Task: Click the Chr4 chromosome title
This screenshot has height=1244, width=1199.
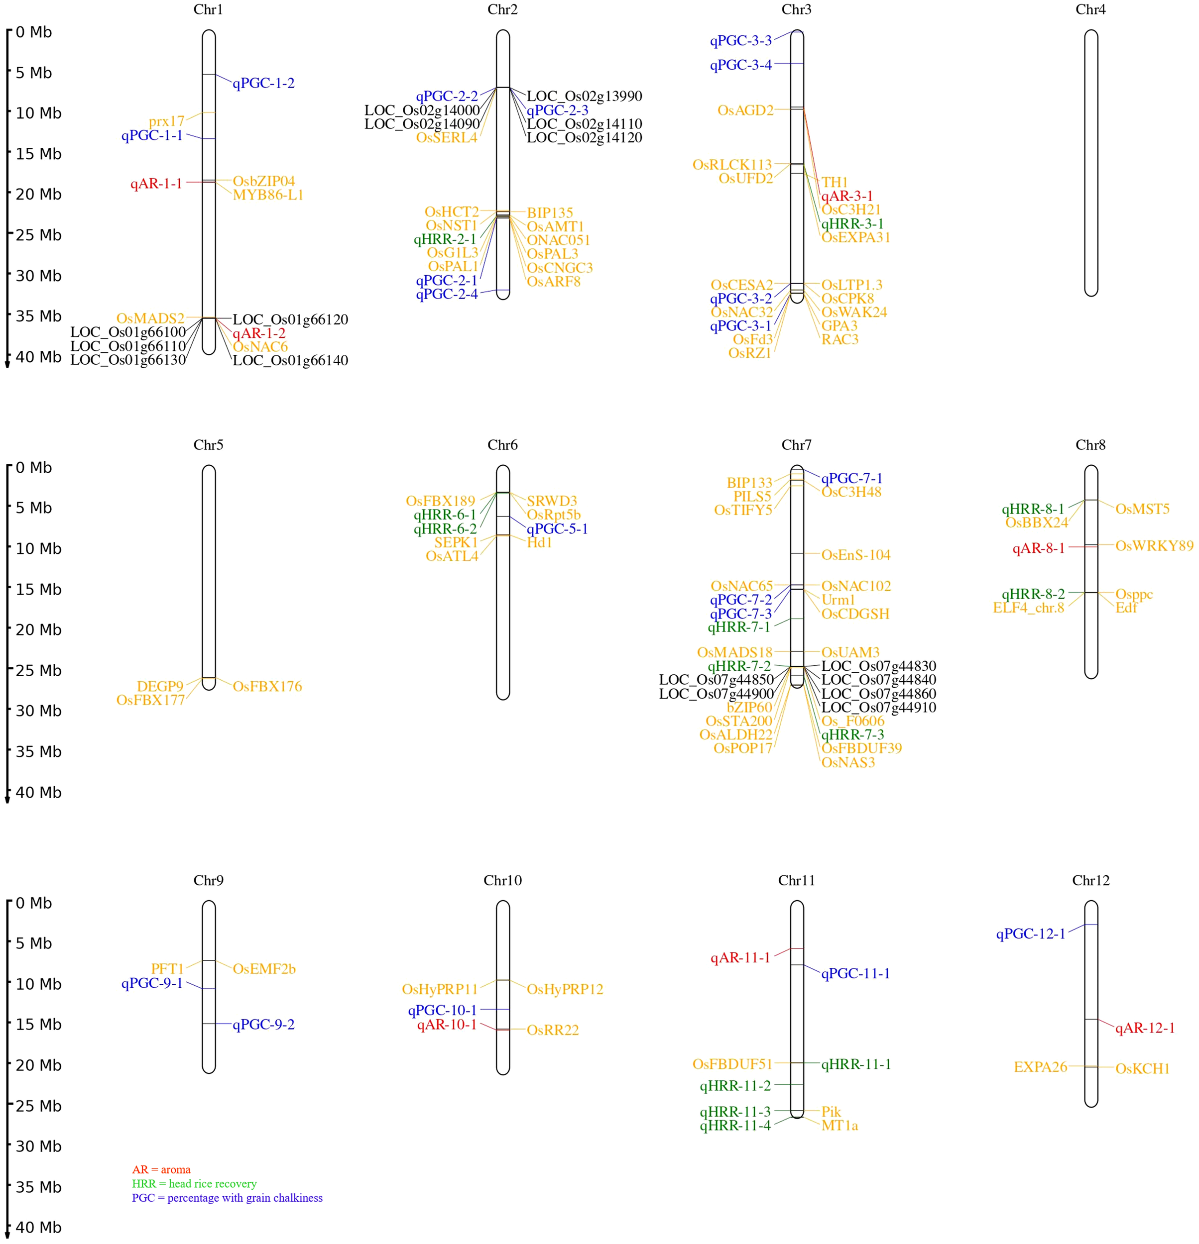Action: click(1090, 9)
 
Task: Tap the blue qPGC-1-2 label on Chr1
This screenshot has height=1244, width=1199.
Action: click(263, 83)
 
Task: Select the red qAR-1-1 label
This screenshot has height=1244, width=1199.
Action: click(156, 184)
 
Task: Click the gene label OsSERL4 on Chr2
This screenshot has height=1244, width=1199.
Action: click(447, 138)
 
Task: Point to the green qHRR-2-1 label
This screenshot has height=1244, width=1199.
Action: click(445, 239)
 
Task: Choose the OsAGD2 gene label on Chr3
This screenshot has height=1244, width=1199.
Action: click(745, 110)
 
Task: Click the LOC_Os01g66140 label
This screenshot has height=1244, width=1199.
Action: click(290, 360)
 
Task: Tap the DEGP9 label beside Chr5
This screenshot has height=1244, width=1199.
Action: click(160, 686)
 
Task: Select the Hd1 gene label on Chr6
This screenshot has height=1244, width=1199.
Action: click(539, 543)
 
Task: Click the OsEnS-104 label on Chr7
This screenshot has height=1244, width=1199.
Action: click(855, 555)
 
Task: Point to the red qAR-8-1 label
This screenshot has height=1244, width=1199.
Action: click(1038, 548)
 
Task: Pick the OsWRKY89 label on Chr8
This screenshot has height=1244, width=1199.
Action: click(1154, 546)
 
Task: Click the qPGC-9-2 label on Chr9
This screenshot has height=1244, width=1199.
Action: click(263, 1025)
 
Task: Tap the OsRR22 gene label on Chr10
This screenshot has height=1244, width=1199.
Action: click(553, 1030)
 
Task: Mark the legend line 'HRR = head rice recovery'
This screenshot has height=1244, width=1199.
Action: click(194, 1184)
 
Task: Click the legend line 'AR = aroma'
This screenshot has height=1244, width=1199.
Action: click(161, 1170)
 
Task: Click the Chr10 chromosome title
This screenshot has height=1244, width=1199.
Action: click(502, 880)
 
